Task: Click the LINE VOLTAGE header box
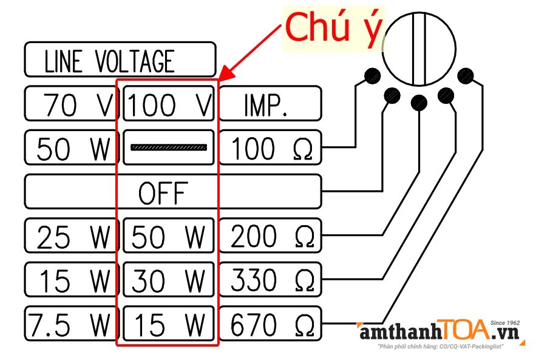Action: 120,60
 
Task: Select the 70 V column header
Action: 70,104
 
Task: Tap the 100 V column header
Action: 169,104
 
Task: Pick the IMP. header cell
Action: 270,104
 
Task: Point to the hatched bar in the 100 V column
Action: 169,148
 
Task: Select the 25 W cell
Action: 70,237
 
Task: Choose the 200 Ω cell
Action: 270,237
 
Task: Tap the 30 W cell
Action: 169,280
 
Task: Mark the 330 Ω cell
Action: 270,280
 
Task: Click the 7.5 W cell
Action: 70,325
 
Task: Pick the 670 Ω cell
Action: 270,325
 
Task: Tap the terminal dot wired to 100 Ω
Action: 372,76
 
